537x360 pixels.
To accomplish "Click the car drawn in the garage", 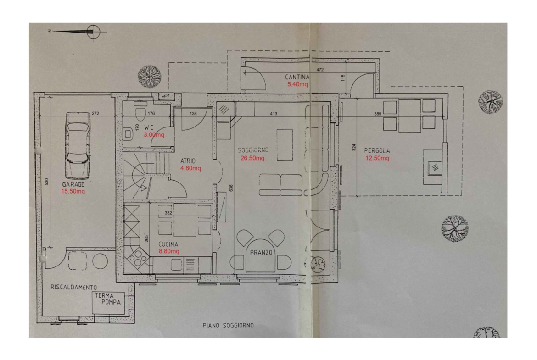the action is pyautogui.click(x=78, y=145).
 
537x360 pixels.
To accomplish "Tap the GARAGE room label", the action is pyautogui.click(x=73, y=184).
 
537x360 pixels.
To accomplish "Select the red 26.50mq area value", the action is pyautogui.click(x=252, y=158).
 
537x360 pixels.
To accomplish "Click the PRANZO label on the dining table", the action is pyautogui.click(x=261, y=253).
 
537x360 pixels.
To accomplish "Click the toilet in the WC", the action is pyautogui.click(x=140, y=112).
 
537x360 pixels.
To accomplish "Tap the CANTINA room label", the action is pyautogui.click(x=297, y=78).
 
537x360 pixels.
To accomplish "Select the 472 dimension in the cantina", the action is pyautogui.click(x=320, y=70).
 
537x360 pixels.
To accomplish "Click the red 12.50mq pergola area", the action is pyautogui.click(x=377, y=158).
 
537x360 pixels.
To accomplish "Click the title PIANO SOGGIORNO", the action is pyautogui.click(x=228, y=326).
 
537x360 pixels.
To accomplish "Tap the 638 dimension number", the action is pyautogui.click(x=231, y=188).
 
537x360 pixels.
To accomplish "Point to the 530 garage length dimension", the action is pyautogui.click(x=46, y=182).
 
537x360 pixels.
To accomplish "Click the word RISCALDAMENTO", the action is pyautogui.click(x=73, y=288).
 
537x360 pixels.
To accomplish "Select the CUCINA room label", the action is pyautogui.click(x=168, y=244).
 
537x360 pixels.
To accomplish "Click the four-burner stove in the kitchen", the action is pyautogui.click(x=138, y=258).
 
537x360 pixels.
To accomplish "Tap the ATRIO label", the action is pyautogui.click(x=188, y=161).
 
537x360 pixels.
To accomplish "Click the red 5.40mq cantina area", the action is pyautogui.click(x=297, y=84).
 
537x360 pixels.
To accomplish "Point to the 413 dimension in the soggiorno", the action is pyautogui.click(x=273, y=114).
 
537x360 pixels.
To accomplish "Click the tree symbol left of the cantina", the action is pyautogui.click(x=149, y=76).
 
